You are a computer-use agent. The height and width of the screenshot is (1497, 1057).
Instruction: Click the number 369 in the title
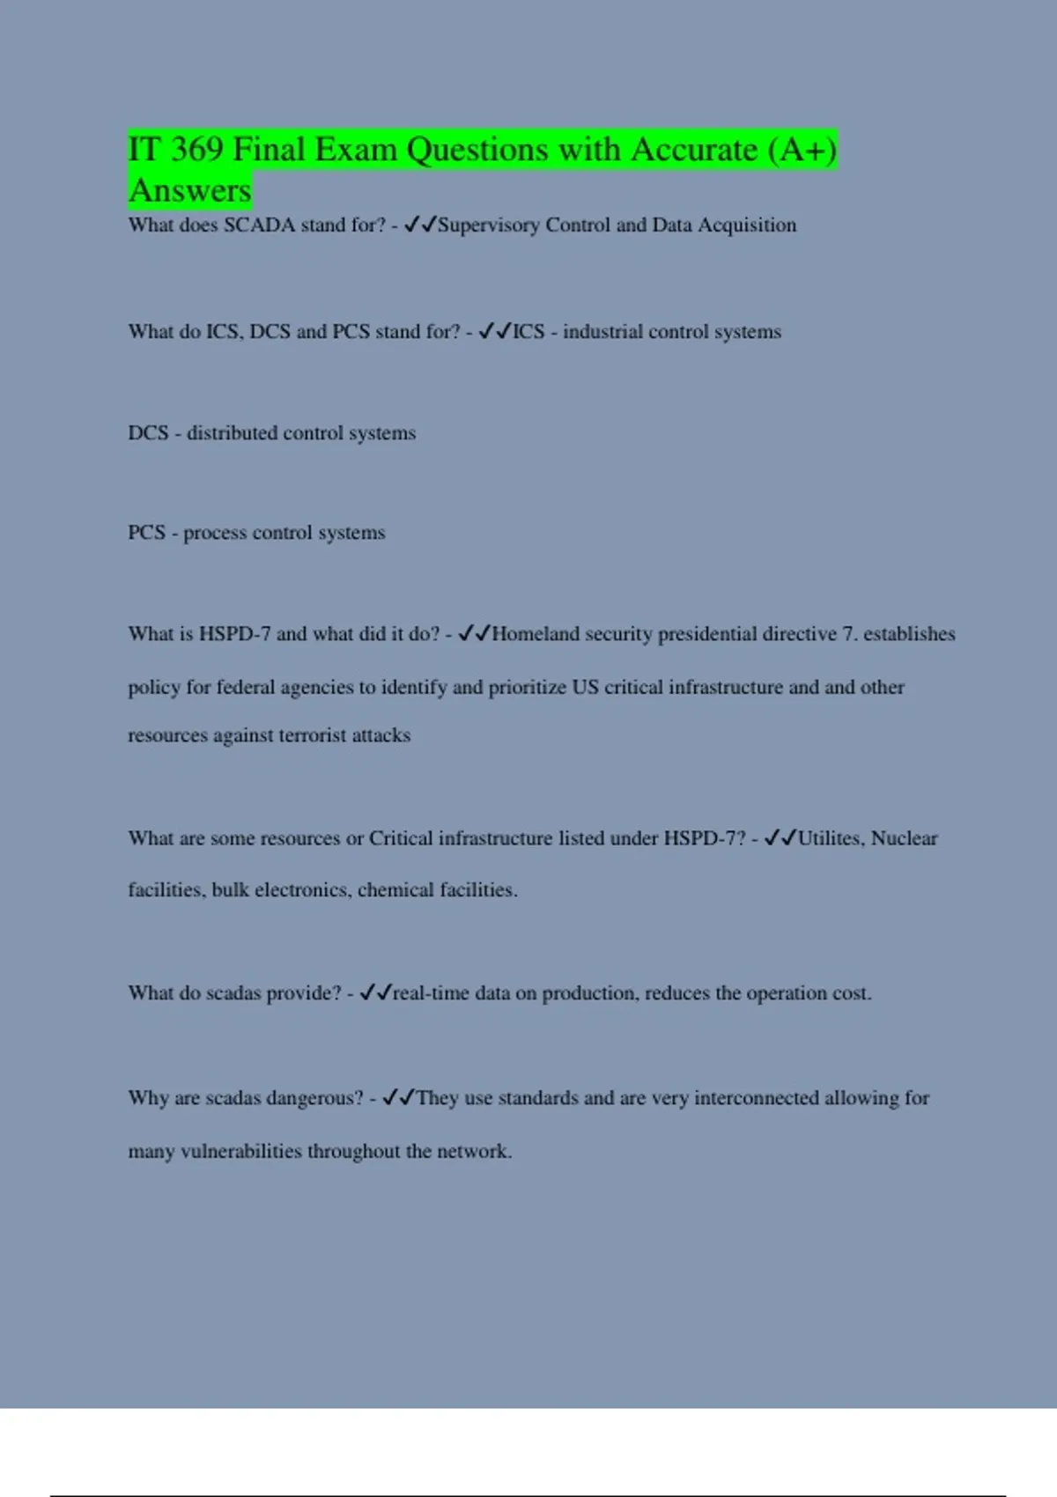coord(197,150)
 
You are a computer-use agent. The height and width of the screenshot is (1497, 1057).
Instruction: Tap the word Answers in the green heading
coord(190,190)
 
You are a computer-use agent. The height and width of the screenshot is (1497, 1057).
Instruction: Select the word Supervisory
coord(489,225)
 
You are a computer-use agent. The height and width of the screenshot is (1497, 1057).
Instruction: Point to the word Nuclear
coord(904,838)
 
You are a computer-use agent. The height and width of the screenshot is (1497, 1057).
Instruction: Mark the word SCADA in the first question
coord(259,225)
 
